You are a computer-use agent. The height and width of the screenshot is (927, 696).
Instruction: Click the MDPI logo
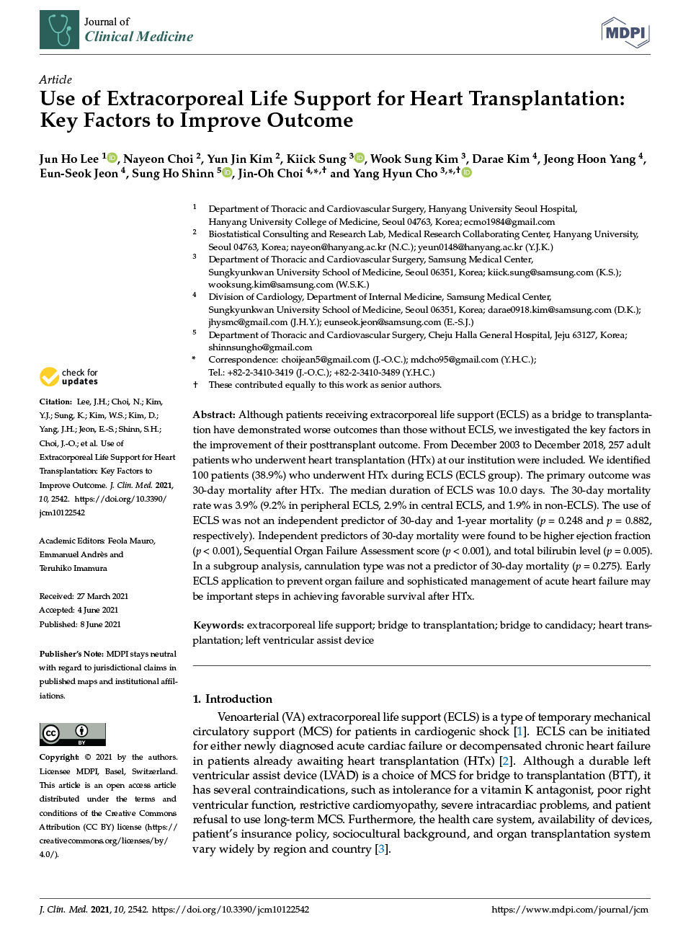[x=625, y=33]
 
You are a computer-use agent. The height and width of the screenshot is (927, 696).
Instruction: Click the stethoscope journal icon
[x=59, y=30]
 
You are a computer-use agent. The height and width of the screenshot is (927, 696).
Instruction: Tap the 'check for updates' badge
[x=69, y=377]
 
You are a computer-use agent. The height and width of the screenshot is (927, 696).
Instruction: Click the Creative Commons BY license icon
[x=73, y=734]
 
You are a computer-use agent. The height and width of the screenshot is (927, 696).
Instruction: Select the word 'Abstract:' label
[x=214, y=414]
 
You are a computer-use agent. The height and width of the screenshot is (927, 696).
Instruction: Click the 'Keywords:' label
[x=218, y=625]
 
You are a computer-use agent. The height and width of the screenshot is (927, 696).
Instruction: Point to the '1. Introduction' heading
[x=232, y=698]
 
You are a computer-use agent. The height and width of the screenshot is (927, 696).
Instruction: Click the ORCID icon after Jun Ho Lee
[x=112, y=158]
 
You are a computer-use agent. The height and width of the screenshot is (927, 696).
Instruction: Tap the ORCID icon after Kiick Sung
[x=360, y=158]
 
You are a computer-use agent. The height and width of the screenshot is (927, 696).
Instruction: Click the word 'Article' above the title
[x=55, y=79]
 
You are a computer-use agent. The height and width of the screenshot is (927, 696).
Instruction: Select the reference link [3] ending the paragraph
[x=382, y=849]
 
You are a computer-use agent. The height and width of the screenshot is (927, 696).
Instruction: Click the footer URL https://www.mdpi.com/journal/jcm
[x=570, y=910]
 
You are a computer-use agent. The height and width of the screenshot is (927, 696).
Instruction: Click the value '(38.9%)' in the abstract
[x=268, y=475]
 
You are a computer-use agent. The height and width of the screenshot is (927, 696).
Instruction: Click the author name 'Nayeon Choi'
[x=158, y=159]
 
